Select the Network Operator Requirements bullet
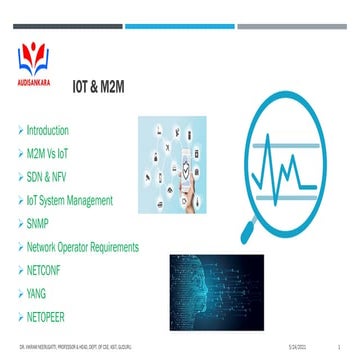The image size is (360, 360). (89, 246)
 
